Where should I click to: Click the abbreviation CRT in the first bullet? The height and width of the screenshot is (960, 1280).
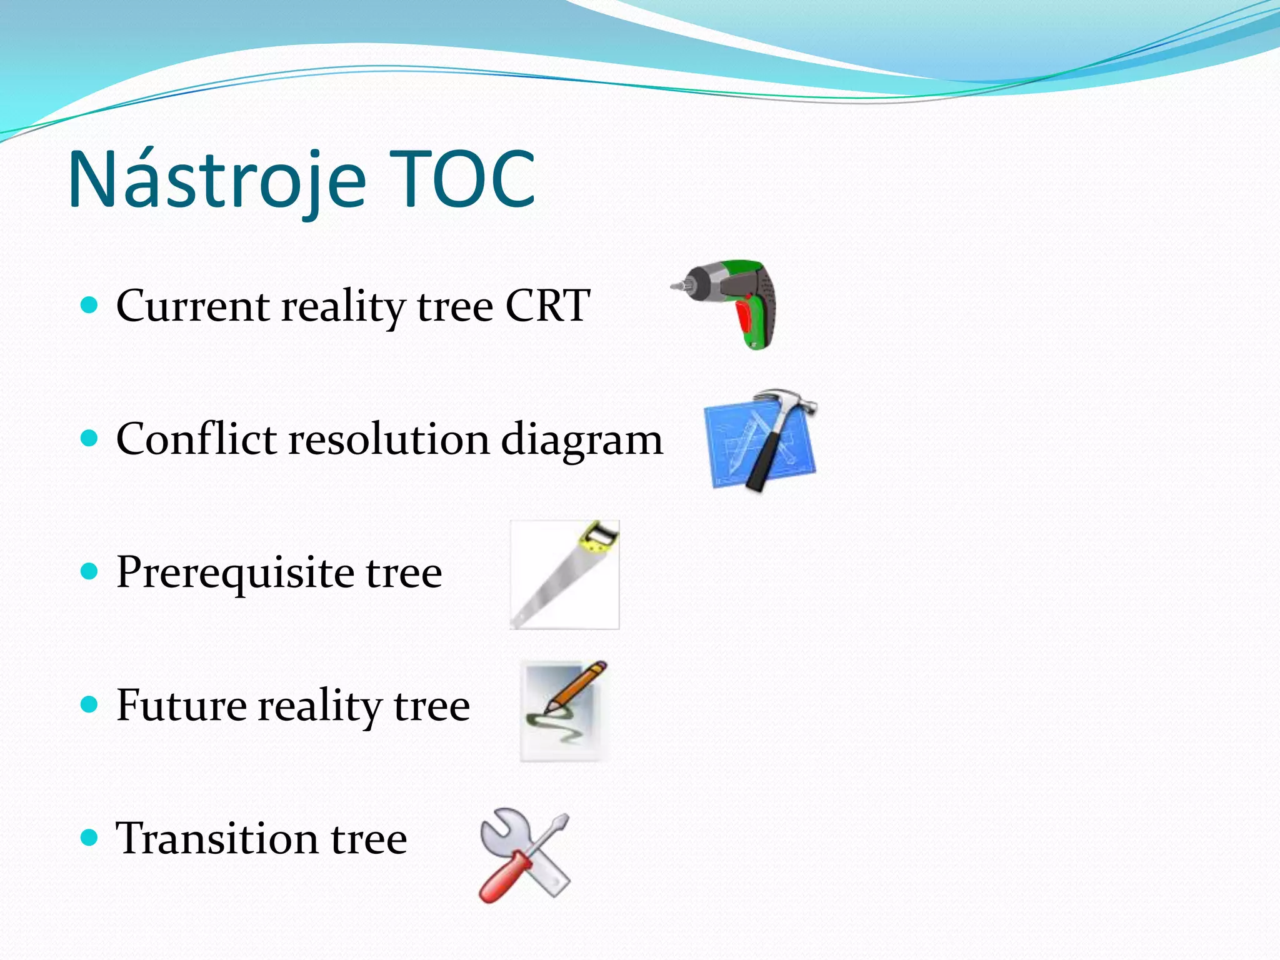click(x=547, y=306)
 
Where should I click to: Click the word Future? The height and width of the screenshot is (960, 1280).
click(x=181, y=705)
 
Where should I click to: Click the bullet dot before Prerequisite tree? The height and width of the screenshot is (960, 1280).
click(x=90, y=571)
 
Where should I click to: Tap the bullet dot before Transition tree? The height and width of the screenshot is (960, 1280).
click(x=90, y=837)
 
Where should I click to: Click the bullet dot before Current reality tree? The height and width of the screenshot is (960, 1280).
click(x=90, y=305)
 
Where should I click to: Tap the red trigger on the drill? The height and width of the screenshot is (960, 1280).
click(x=745, y=322)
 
